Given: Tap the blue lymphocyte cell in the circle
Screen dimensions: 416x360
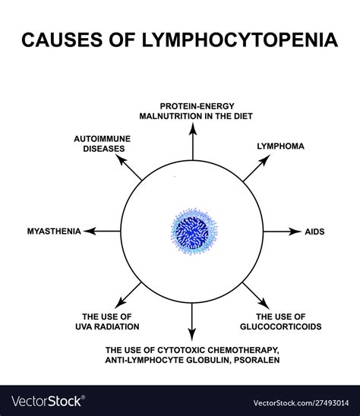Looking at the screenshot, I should tap(194, 231).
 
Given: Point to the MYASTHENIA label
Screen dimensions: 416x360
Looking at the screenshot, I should tap(53, 231).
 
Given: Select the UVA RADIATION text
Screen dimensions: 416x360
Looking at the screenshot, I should tap(111, 326).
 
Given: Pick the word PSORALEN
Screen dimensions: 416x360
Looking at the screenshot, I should tap(257, 359).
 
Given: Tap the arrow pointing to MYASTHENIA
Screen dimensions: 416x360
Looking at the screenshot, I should tap(101, 231).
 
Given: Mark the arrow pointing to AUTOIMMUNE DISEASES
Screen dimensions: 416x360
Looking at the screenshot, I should tap(131, 168).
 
